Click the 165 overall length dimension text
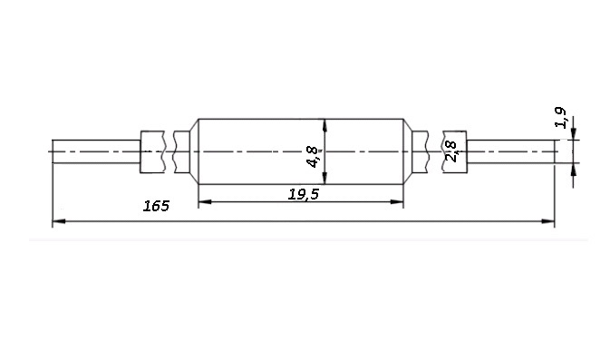(156, 206)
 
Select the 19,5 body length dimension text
(303, 194)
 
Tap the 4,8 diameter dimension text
(314, 157)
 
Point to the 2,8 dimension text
(450, 151)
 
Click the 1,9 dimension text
(560, 118)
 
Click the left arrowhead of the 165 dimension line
(58, 221)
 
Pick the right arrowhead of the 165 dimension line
(548, 221)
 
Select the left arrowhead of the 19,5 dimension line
(205, 201)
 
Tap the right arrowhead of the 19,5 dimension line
(397, 201)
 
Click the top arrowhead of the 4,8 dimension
(324, 125)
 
